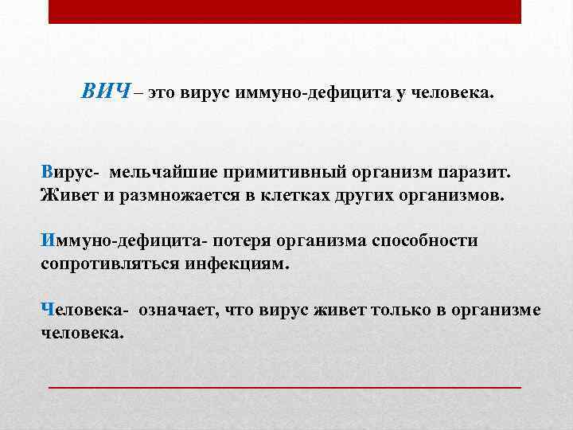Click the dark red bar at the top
click(285, 11)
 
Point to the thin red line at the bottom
click(285, 386)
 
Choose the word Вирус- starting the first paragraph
click(70, 171)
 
